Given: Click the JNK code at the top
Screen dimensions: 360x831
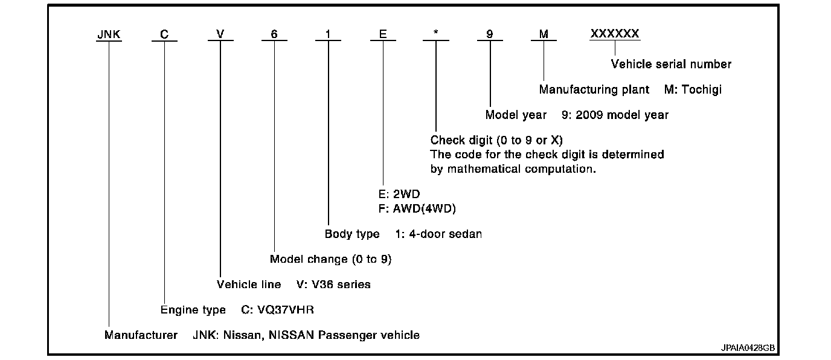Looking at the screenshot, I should coord(109,34).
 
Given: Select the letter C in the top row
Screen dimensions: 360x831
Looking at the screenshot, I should coord(164,34).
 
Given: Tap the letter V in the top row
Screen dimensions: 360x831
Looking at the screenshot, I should coord(220,34).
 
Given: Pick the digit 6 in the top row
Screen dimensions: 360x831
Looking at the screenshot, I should coord(274,34).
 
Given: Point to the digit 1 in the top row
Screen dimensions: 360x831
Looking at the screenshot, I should coord(328,34).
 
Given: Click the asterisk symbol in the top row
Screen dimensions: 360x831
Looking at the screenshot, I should coord(435,34).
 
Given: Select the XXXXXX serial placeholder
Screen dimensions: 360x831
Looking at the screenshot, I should coord(615,34).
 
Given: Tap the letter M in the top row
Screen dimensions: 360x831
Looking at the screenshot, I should coord(544,34).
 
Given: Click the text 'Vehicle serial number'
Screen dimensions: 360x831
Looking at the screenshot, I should coord(671,64).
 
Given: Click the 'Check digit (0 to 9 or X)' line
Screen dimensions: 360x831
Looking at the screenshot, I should coord(496,141).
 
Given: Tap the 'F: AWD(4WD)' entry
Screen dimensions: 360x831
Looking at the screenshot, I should coord(416,208).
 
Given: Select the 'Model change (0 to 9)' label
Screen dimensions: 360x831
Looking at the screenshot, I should coord(331,259).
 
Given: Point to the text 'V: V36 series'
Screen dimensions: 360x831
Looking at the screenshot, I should coord(333,284).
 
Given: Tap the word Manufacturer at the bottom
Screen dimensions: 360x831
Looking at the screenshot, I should coord(141,335).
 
